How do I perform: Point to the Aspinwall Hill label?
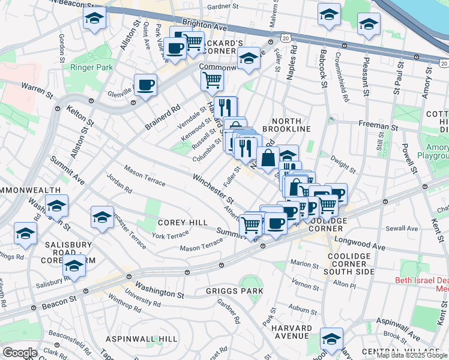[x=141, y=339]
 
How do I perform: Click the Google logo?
[x=20, y=353]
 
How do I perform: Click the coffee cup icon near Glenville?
[x=145, y=85]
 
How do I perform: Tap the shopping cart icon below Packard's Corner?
[x=212, y=79]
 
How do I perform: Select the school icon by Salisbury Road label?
[x=74, y=268]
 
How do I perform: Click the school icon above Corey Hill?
[x=102, y=217]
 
